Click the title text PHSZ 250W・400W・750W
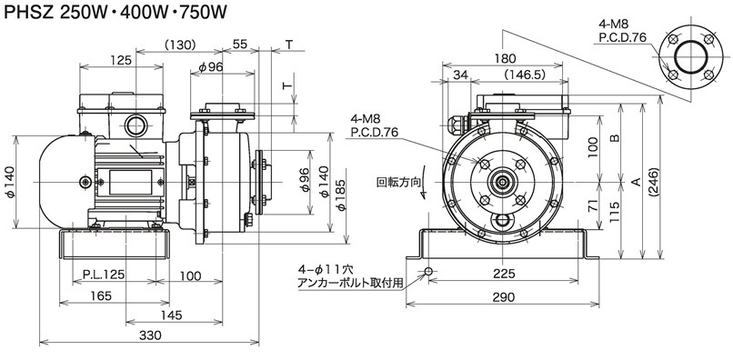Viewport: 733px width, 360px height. (x=115, y=12)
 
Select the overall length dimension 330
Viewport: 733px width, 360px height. (x=150, y=335)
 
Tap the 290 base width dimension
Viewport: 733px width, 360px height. (x=503, y=297)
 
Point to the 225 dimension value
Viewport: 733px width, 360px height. (x=503, y=274)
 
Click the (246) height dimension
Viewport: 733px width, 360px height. (x=655, y=183)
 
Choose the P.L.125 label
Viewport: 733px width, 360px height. (x=104, y=275)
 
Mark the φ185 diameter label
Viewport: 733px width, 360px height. (x=342, y=195)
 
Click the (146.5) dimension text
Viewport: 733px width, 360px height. (x=526, y=75)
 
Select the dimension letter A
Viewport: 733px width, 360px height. (x=636, y=182)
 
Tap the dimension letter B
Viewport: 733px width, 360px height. (x=615, y=138)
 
